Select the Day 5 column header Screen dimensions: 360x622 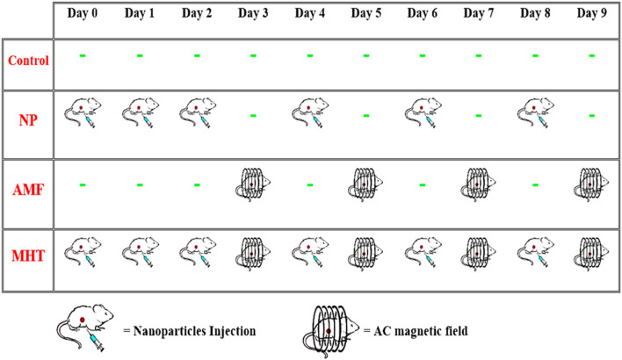click(x=366, y=13)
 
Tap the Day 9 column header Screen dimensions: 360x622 click(x=592, y=13)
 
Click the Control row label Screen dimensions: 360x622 click(x=27, y=61)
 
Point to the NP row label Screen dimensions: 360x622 click(x=27, y=118)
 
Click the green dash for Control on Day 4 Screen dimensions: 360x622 click(x=310, y=56)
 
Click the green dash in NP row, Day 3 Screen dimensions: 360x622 click(x=253, y=114)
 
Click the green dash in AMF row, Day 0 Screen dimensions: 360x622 click(x=82, y=184)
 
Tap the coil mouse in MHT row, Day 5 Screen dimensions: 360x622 click(x=367, y=252)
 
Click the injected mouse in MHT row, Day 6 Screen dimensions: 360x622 click(x=423, y=252)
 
